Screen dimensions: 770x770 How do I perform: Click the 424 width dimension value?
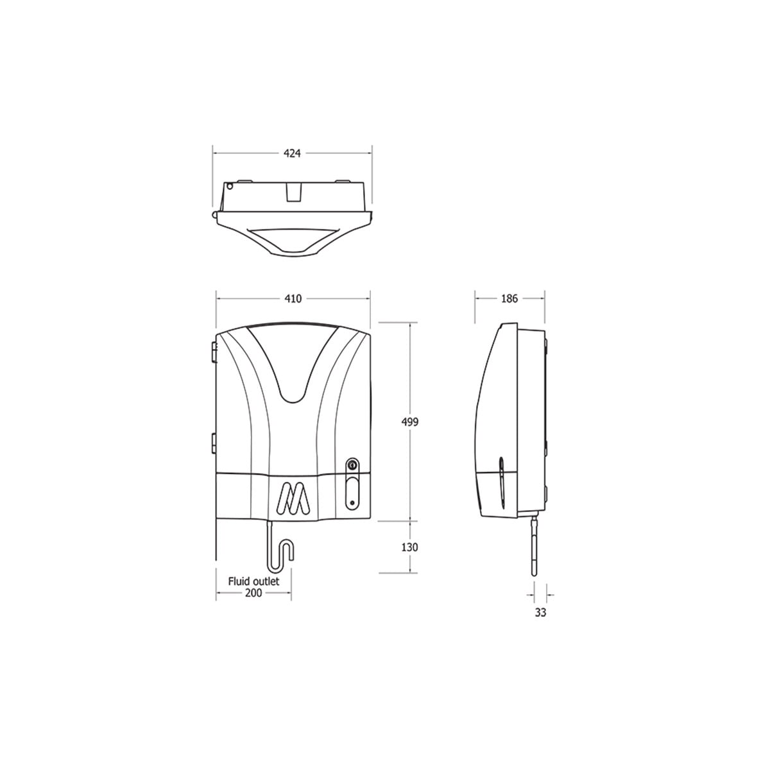[x=293, y=153]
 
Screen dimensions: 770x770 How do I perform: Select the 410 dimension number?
[x=293, y=299]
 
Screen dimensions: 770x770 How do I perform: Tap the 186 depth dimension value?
[x=509, y=299]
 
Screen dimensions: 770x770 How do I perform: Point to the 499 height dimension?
[x=409, y=422]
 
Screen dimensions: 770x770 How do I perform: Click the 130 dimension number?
[x=409, y=547]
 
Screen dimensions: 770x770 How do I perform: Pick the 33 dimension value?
[x=540, y=613]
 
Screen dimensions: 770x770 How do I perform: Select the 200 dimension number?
[x=253, y=594]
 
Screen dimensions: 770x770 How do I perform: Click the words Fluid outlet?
[x=253, y=581]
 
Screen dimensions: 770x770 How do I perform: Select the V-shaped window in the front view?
[x=293, y=366]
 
